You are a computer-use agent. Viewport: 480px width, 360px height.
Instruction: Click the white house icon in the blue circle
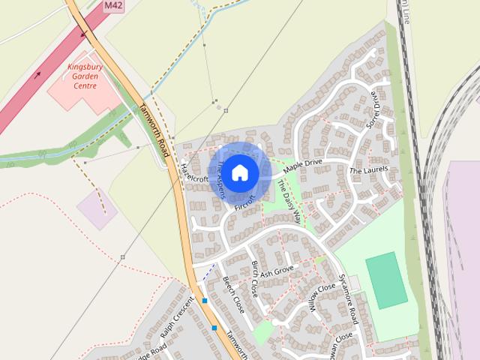click(239, 173)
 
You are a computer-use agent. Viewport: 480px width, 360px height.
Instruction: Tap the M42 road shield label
click(114, 5)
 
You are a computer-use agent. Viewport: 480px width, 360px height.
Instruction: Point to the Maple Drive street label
click(302, 166)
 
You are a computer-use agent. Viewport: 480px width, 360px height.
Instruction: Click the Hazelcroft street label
click(194, 173)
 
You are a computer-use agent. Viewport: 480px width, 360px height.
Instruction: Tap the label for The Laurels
click(369, 170)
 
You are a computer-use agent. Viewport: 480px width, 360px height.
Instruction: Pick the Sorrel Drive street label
click(375, 111)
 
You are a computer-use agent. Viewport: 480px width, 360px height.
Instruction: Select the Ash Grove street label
click(277, 271)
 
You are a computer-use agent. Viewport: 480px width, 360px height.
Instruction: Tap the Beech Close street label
click(233, 295)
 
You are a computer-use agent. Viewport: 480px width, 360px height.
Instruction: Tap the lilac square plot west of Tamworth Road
click(97, 208)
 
